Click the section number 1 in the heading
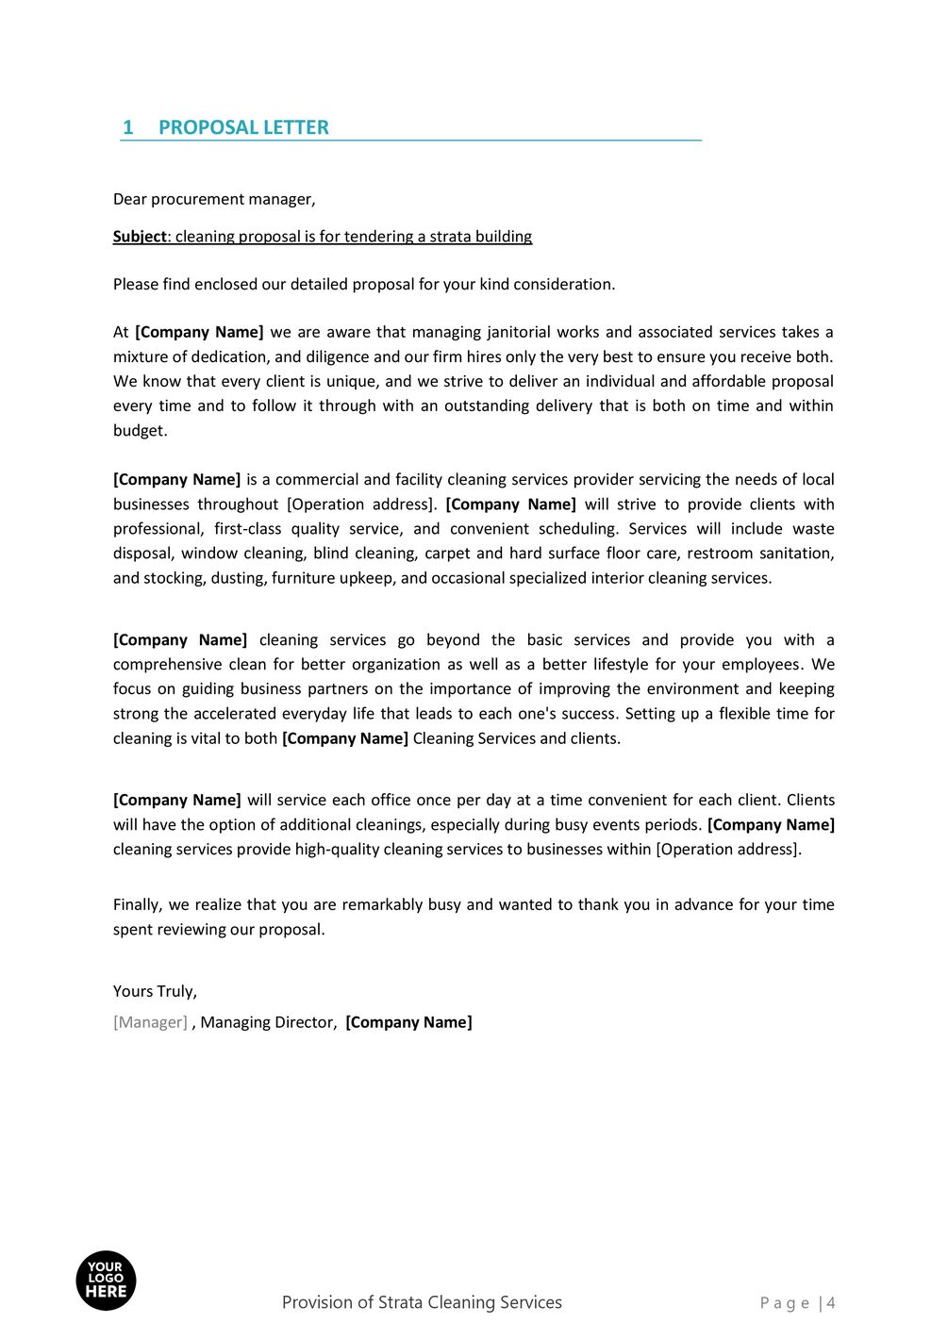[128, 127]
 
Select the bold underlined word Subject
[140, 237]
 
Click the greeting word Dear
[129, 199]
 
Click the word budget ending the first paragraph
[140, 431]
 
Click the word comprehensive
[166, 665]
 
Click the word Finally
[137, 905]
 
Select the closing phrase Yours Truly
[154, 992]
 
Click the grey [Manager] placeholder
[150, 1023]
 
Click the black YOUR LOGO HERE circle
[106, 1281]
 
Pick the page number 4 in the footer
[831, 1303]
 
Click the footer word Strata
[401, 1303]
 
